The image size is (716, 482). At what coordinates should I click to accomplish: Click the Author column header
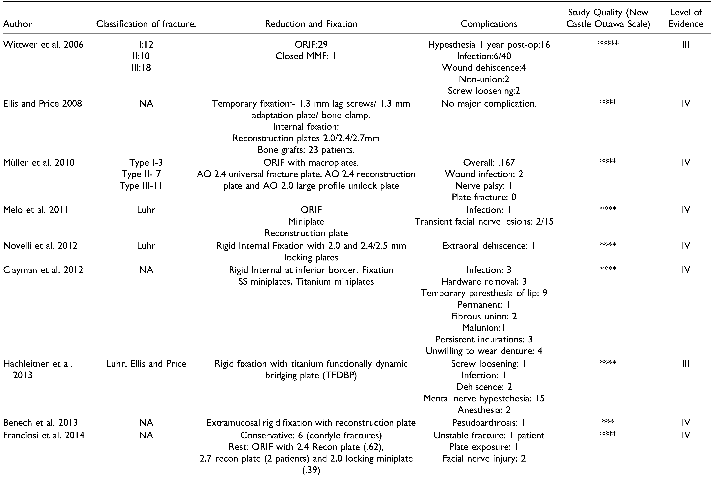pos(18,24)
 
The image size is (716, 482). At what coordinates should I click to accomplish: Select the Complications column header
pos(489,24)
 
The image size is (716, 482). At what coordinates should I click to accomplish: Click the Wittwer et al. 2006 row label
pos(43,45)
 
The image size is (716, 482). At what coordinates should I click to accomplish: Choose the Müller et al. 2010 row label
pos(39,162)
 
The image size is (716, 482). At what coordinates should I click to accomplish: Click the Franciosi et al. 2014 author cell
pos(44,435)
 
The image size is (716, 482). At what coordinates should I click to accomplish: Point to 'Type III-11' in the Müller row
pos(141,186)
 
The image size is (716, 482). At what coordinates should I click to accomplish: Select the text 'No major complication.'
pos(489,104)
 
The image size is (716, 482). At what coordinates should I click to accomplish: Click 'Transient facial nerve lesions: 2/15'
pos(484,221)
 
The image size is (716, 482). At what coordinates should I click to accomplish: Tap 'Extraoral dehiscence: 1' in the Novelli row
pos(488,246)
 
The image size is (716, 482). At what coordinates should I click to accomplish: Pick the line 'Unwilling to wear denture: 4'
pos(484,351)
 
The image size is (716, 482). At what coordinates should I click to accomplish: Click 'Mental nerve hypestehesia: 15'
pos(484,398)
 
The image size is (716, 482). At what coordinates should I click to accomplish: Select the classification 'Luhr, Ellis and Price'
pos(146,364)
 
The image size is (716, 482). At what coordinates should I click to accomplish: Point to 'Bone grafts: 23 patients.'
pos(306,150)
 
